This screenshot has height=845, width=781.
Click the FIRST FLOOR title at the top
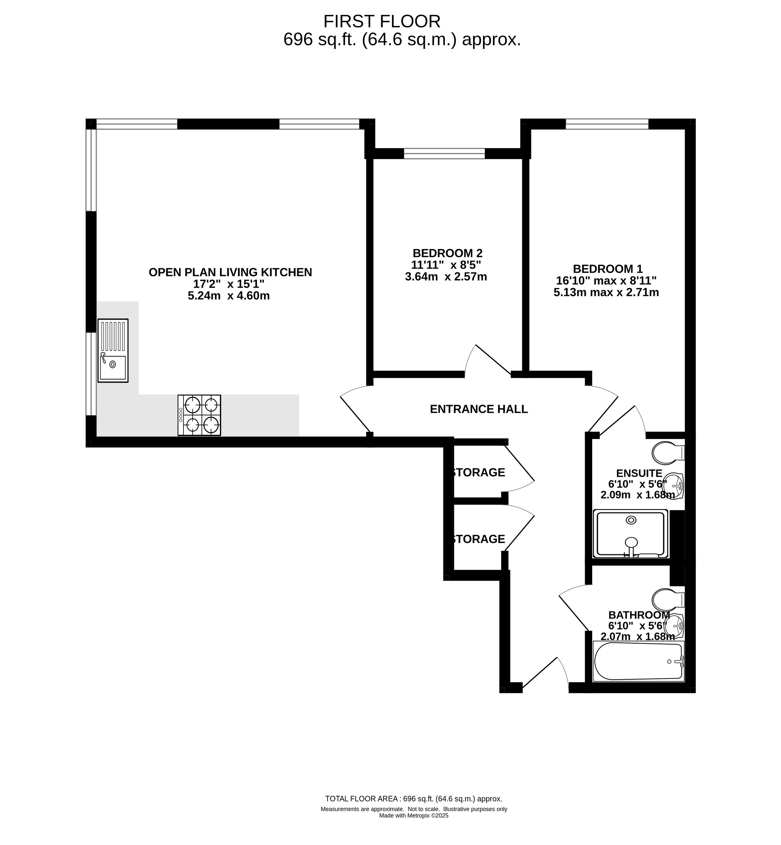[382, 21]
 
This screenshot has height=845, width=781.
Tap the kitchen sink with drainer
[113, 351]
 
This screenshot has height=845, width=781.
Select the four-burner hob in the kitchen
[199, 415]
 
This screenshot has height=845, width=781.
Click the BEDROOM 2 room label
[447, 253]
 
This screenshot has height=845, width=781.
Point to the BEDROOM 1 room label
[608, 269]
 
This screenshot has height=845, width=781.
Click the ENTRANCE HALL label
[479, 409]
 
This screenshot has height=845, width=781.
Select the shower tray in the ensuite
[630, 534]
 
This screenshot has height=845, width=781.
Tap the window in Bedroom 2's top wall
[444, 153]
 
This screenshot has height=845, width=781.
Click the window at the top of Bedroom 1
[607, 124]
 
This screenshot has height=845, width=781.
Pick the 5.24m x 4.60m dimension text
[229, 296]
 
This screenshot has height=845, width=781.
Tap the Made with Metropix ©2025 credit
[413, 816]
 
